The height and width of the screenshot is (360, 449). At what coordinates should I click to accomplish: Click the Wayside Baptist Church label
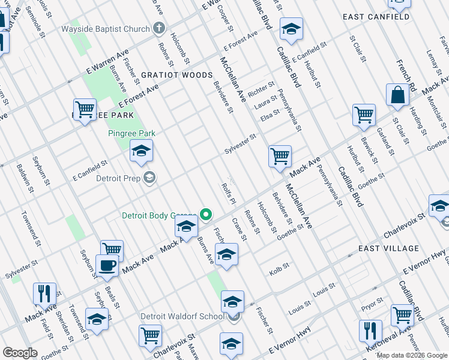(105, 28)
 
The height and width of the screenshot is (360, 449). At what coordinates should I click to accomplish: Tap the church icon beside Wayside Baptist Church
(159, 28)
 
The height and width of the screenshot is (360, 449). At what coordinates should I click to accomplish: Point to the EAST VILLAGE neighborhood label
(388, 248)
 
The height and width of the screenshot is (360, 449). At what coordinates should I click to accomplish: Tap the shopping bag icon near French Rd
(397, 95)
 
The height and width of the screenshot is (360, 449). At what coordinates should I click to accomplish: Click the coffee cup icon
(107, 265)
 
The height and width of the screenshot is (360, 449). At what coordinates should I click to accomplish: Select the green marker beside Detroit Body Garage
(206, 214)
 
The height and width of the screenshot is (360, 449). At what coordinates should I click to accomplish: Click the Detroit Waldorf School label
(182, 316)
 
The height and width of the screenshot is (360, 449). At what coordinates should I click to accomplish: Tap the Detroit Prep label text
(123, 178)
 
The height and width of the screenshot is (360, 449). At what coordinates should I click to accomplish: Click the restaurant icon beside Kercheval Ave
(370, 330)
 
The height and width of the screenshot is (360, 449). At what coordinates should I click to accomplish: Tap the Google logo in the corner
(20, 353)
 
